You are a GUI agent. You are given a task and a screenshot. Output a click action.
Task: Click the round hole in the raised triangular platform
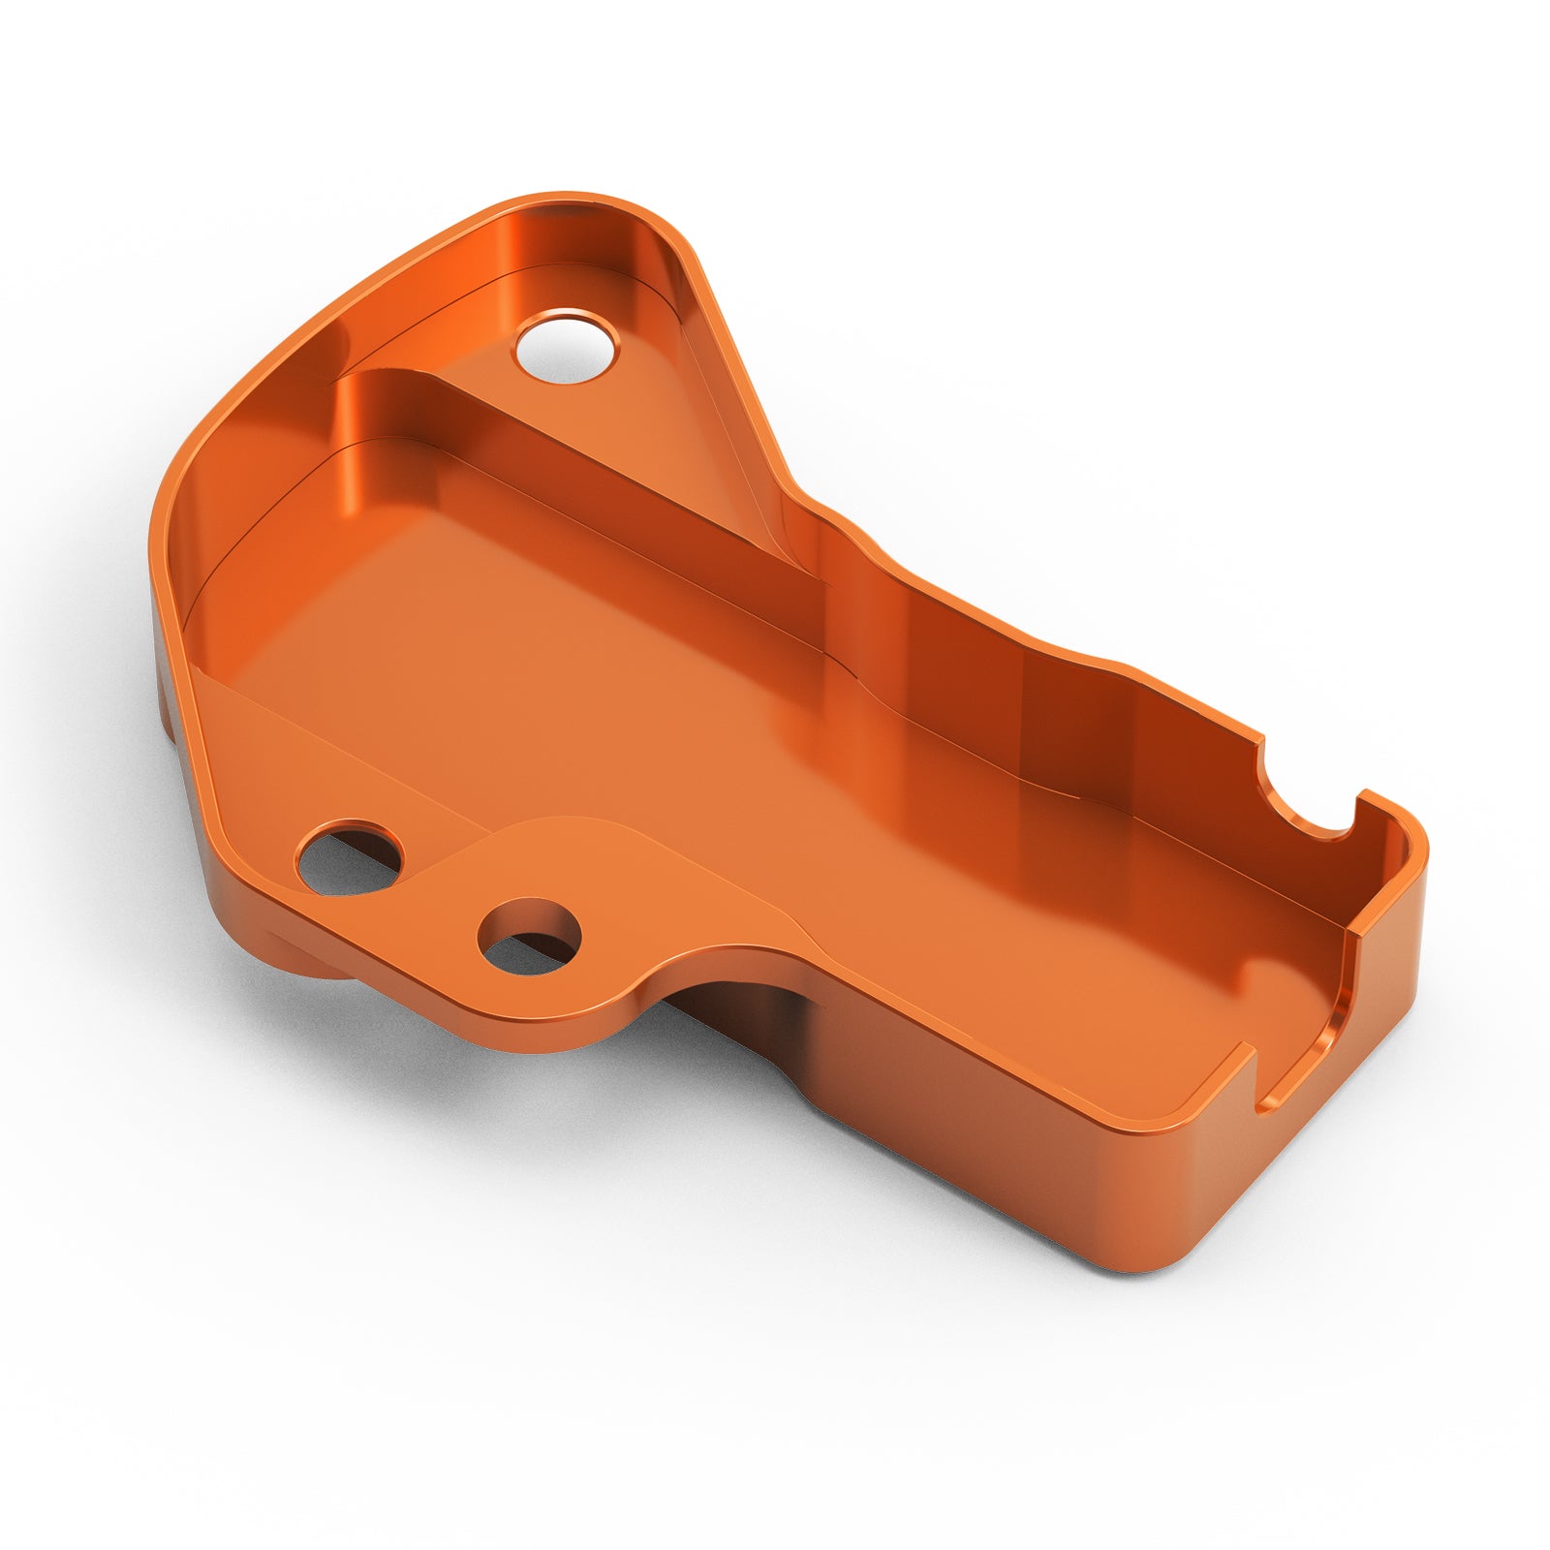click(567, 346)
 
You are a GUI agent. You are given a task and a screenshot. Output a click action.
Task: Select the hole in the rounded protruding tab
click(530, 936)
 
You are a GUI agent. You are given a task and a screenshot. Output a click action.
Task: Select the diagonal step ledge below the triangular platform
click(581, 484)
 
